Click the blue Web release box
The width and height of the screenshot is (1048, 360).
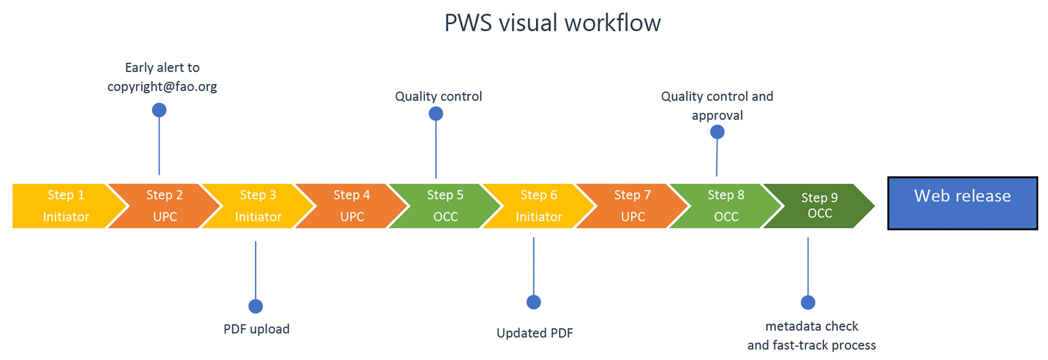tap(962, 203)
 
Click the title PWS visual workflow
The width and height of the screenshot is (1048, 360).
tap(552, 23)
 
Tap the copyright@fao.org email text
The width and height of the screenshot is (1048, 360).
tap(162, 86)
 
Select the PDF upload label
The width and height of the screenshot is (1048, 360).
tap(256, 328)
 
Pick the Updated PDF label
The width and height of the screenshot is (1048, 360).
tap(534, 333)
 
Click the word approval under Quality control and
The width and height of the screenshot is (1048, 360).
tap(717, 115)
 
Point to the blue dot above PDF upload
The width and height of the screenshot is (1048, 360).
tap(255, 306)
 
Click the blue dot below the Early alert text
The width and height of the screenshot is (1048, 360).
tap(159, 110)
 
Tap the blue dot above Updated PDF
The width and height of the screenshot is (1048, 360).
tap(533, 302)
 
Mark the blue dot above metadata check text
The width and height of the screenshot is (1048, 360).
tap(807, 302)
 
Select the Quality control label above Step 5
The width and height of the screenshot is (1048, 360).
tap(438, 96)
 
